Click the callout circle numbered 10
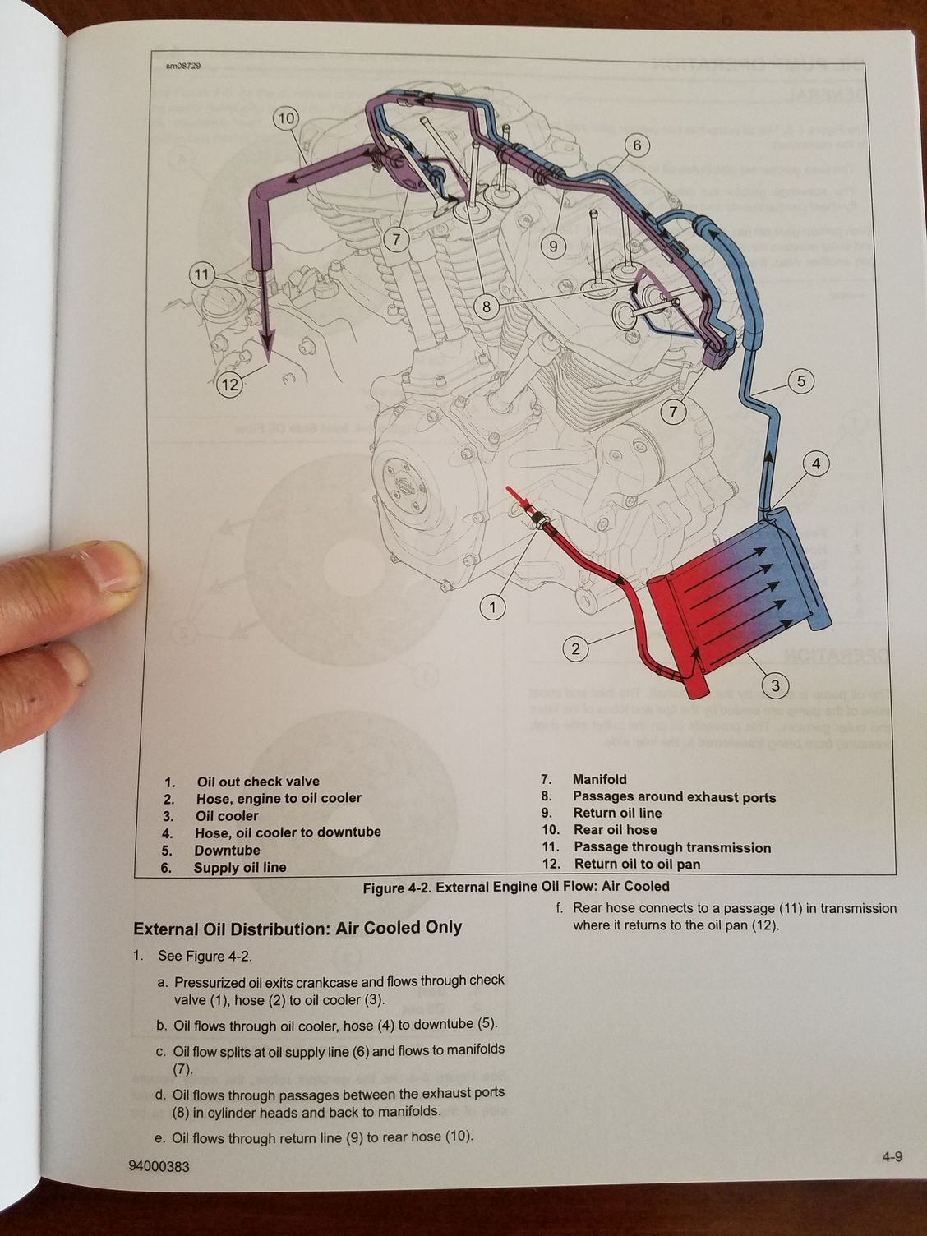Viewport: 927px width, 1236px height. coord(285,118)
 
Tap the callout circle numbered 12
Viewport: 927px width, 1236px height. coord(230,384)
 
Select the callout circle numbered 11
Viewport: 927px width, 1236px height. coord(202,274)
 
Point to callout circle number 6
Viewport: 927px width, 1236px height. coord(637,145)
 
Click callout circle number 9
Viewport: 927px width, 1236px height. coord(553,246)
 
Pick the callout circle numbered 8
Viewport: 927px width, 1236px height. coord(487,307)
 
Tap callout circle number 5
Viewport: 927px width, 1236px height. coord(801,380)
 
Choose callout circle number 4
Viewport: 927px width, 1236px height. coord(816,464)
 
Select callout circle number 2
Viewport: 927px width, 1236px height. coord(575,648)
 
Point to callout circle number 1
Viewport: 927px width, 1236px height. coord(492,607)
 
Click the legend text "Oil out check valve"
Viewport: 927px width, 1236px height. coord(257,781)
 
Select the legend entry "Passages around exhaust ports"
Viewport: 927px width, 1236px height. coord(674,796)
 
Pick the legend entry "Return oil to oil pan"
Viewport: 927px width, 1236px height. coord(637,864)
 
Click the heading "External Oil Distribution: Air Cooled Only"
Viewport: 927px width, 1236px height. coord(297,928)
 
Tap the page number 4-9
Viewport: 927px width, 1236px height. coord(892,1157)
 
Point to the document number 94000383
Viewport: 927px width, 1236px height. coord(159,1166)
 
